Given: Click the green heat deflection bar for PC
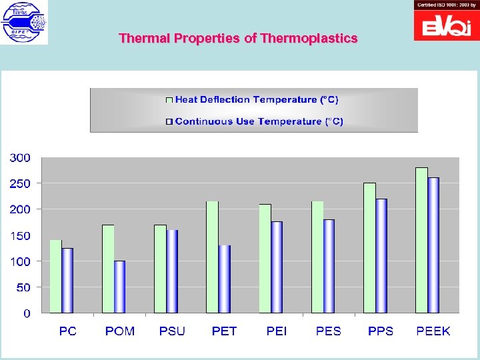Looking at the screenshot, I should point(55,276).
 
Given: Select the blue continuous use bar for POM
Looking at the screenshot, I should point(119,287).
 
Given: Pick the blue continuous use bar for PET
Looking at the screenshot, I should point(225,279).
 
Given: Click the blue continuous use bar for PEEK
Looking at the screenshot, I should point(433,245).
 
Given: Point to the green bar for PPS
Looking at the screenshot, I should point(369,247).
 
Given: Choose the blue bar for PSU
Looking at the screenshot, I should point(172,271).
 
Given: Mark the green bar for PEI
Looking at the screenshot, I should point(265,258).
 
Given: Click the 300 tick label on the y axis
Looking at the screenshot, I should point(20,158).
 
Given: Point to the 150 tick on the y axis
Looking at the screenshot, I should point(20,236).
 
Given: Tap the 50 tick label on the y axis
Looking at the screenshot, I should point(23,288).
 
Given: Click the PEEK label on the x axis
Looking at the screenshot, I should point(433,331).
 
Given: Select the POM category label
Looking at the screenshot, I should point(120,331).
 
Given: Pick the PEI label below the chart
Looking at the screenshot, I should point(277,331).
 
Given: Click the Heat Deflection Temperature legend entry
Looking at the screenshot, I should point(256,100).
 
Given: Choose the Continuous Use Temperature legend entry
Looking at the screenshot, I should point(259,121).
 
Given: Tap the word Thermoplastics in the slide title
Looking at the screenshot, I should point(309,39).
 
